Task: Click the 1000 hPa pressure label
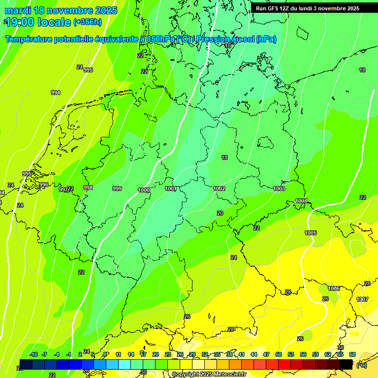tap(144, 190)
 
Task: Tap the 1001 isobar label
tap(171, 189)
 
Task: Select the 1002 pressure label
tap(219, 189)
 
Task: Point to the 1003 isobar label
tap(279, 189)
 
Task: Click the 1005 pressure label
tap(311, 233)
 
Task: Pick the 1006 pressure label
tap(334, 288)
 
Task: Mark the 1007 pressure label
tap(362, 299)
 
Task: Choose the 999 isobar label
tap(117, 189)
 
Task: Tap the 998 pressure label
tap(88, 188)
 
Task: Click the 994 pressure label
tap(56, 93)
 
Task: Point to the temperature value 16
tap(227, 46)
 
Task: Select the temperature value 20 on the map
tap(220, 213)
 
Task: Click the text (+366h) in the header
tap(88, 22)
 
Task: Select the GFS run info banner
tap(307, 8)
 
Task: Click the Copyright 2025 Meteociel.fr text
tap(209, 375)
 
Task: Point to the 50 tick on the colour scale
tap(279, 354)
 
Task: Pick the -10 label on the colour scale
tap(33, 354)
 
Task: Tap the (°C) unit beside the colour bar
tap(361, 365)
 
